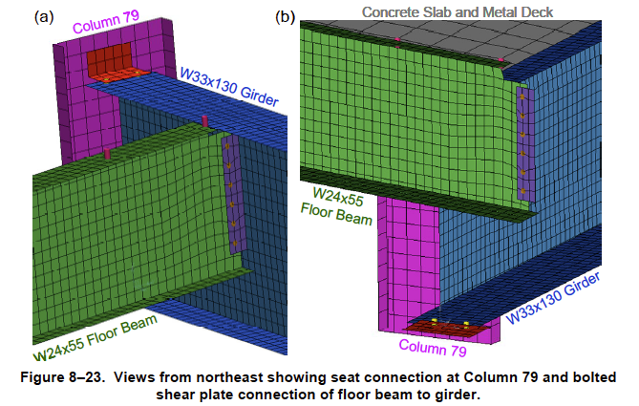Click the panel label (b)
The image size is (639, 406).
point(286,16)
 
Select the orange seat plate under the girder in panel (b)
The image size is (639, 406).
point(453,328)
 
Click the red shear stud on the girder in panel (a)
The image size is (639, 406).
point(204,120)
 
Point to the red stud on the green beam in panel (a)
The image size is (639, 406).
point(108,153)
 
